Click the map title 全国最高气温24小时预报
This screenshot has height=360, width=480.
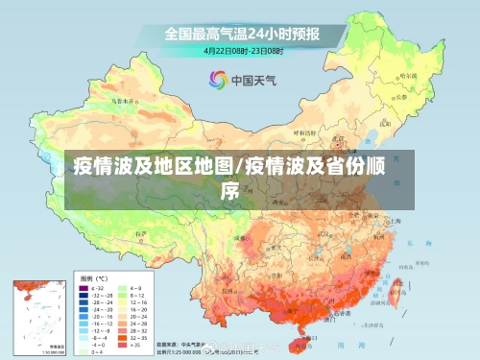point(241,33)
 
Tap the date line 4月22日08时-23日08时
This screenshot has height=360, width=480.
point(241,49)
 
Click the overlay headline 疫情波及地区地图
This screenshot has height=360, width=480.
point(154,164)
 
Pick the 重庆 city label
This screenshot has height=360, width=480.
point(274,245)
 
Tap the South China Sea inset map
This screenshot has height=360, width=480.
point(37,317)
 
